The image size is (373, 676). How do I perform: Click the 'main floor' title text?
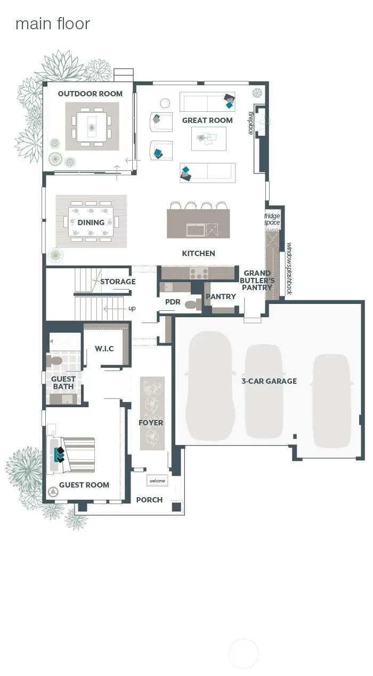pyautogui.click(x=53, y=24)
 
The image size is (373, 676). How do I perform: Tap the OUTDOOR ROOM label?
pyautogui.click(x=90, y=94)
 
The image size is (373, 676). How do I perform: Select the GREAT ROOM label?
pyautogui.click(x=207, y=120)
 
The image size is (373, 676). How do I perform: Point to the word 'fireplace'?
pyautogui.click(x=250, y=123)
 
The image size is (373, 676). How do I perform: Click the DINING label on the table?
pyautogui.click(x=91, y=222)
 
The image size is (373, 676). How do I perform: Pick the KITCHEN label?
pyautogui.click(x=199, y=253)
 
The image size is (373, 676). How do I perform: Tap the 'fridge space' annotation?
pyautogui.click(x=272, y=219)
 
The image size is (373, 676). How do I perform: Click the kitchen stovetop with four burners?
pyautogui.click(x=199, y=273)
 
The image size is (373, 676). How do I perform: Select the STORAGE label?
pyautogui.click(x=118, y=282)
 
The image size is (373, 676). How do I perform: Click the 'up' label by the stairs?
pyautogui.click(x=132, y=308)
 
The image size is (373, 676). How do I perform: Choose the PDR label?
pyautogui.click(x=173, y=302)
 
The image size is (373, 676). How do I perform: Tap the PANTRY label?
pyautogui.click(x=221, y=296)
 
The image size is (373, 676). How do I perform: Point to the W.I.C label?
pyautogui.click(x=104, y=349)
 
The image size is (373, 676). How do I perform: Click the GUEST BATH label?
pyautogui.click(x=63, y=383)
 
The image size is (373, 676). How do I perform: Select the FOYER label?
pyautogui.click(x=151, y=423)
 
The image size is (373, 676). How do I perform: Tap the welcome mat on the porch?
pyautogui.click(x=157, y=481)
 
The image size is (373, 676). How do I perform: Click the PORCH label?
pyautogui.click(x=149, y=500)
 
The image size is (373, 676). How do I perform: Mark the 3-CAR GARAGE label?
pyautogui.click(x=269, y=381)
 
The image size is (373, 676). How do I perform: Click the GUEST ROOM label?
pyautogui.click(x=84, y=485)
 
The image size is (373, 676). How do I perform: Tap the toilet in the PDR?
pyautogui.click(x=192, y=304)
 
